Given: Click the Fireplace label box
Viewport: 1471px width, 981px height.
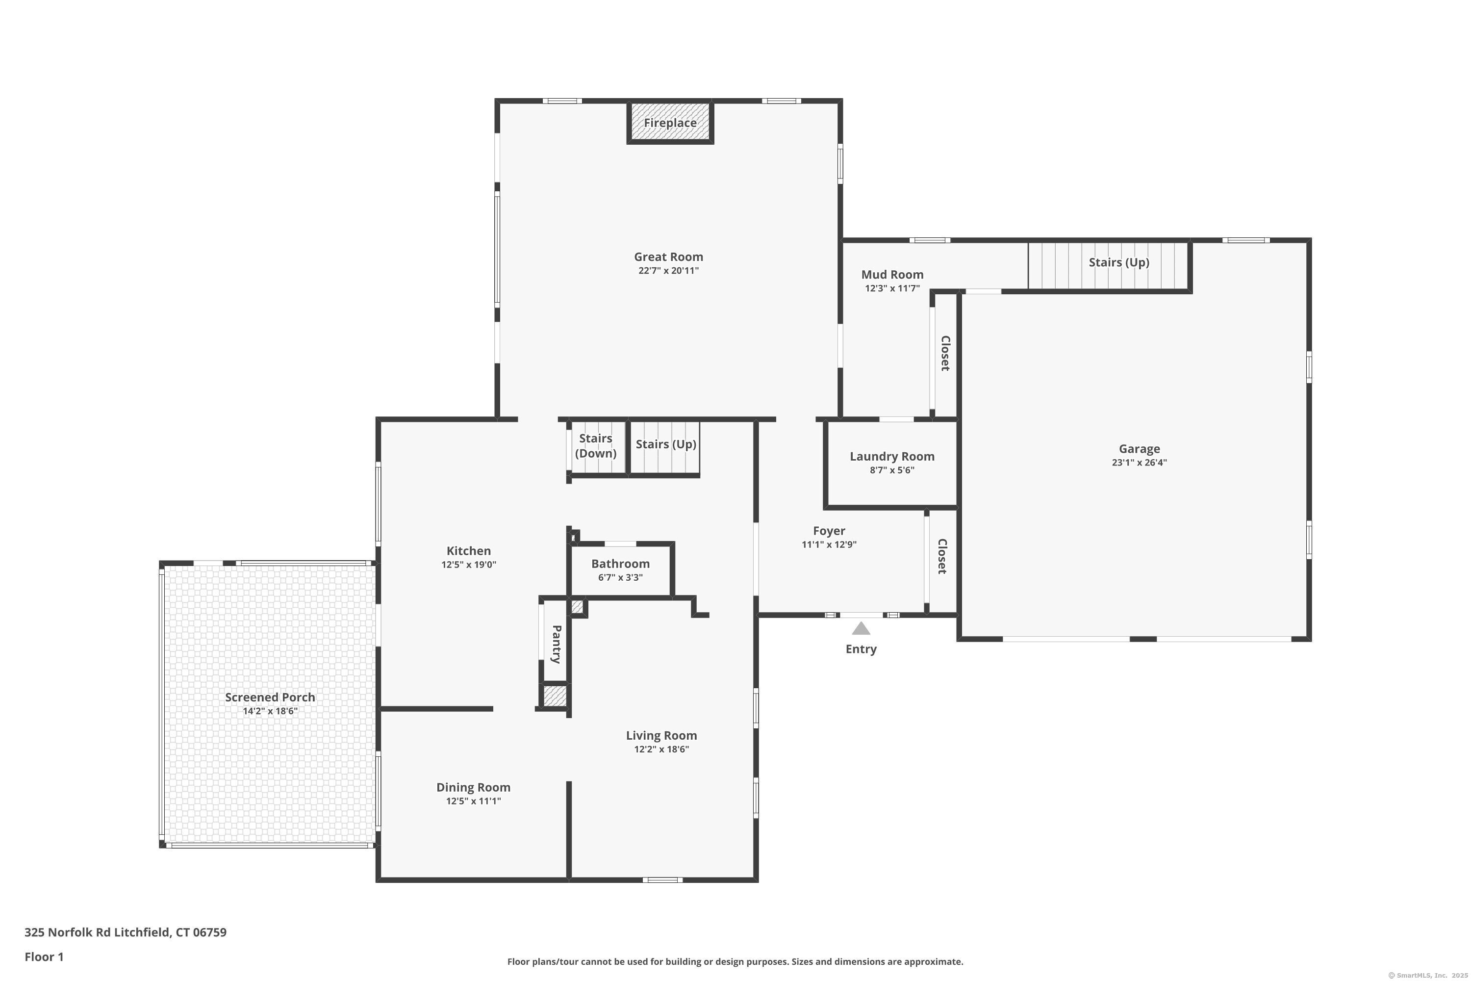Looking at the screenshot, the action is tap(670, 123).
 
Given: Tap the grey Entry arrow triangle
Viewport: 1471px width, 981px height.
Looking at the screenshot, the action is tap(861, 628).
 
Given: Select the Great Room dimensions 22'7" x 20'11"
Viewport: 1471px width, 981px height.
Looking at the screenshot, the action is tap(669, 271).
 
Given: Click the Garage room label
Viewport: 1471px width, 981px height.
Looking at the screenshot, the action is tap(1139, 449).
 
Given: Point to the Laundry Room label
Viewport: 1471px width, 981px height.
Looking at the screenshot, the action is tap(892, 456).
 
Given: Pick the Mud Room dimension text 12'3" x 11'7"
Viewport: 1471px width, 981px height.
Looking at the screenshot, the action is tap(892, 288).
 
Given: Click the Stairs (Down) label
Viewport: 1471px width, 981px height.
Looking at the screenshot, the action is tap(595, 445).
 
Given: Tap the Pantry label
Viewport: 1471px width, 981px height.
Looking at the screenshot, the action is tap(557, 644).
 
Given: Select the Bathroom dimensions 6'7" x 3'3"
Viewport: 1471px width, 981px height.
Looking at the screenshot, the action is tap(620, 577).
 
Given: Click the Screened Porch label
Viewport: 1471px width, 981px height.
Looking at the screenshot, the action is tap(270, 697).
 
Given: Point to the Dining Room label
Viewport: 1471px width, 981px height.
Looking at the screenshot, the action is tap(474, 787).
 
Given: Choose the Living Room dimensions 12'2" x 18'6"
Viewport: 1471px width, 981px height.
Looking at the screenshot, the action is tap(661, 749).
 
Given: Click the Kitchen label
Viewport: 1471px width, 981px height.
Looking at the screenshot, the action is tap(468, 550).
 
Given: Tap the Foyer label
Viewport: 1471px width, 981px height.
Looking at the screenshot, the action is tap(829, 531).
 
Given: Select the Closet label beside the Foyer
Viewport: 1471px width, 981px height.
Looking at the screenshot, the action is tap(942, 556).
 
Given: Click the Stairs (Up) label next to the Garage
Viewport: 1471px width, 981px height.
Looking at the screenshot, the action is tap(1119, 262).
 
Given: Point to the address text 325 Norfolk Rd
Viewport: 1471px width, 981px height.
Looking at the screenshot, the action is tap(68, 932).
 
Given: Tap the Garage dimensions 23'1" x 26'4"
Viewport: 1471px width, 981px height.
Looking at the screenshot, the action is tap(1139, 463).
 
